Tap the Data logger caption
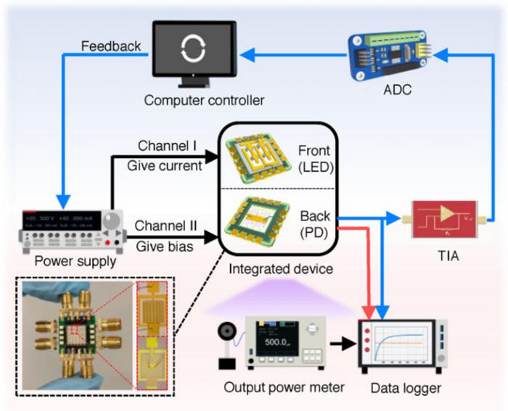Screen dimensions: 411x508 click(403, 389)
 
